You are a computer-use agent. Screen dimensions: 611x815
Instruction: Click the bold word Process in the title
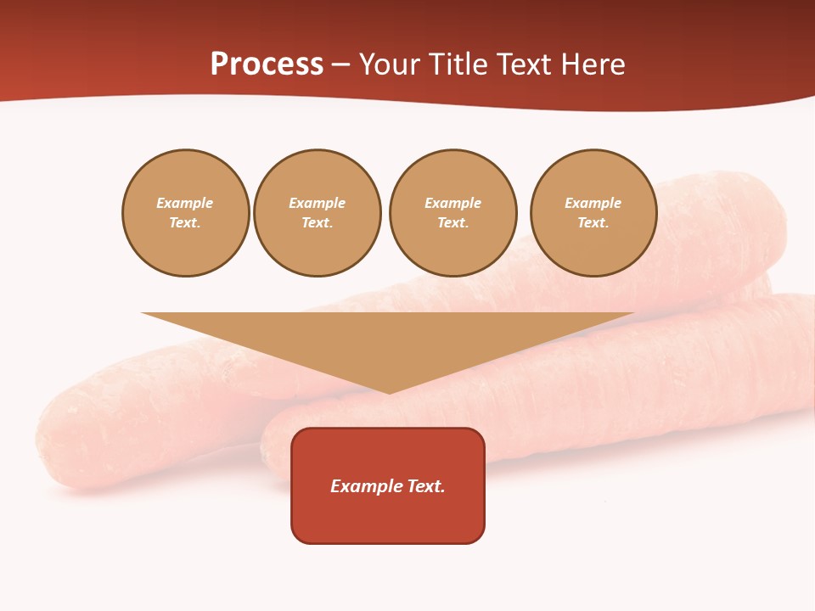click(x=267, y=64)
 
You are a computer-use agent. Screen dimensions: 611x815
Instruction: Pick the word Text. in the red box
click(x=425, y=486)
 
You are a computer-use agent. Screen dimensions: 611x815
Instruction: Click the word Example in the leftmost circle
click(x=185, y=203)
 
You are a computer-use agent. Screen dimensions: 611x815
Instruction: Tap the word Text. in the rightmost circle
click(x=593, y=223)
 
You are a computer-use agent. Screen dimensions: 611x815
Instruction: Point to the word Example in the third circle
click(x=452, y=203)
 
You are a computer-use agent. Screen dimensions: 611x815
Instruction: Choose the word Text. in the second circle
click(x=318, y=223)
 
